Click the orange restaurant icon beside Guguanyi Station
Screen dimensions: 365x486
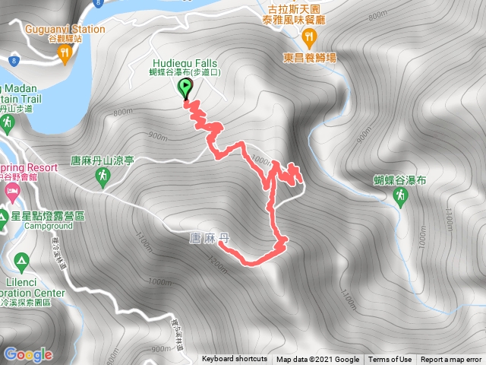click(65, 52)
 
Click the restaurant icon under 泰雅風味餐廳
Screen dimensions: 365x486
click(308, 38)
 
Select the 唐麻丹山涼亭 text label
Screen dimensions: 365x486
click(102, 160)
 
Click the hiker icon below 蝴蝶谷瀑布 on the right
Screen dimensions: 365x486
click(399, 198)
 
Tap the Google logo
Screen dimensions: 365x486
click(28, 354)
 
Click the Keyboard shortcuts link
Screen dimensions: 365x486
click(235, 359)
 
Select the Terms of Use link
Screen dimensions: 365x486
click(390, 359)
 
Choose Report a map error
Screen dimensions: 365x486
click(451, 359)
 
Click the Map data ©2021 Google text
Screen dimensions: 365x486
click(317, 359)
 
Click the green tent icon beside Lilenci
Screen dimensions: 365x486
click(21, 262)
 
